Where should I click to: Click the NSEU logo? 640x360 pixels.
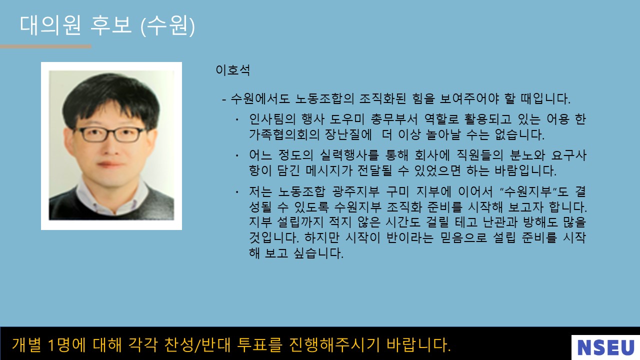(x=605, y=347)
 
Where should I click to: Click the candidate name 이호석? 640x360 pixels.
(x=233, y=70)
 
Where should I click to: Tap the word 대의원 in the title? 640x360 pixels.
(x=50, y=25)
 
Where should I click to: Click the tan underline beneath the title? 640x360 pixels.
(x=45, y=46)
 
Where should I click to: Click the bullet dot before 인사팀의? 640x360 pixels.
(x=237, y=119)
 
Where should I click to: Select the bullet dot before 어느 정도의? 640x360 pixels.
(x=237, y=155)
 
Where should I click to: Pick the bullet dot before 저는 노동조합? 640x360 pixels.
(x=237, y=192)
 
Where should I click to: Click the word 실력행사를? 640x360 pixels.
(x=349, y=155)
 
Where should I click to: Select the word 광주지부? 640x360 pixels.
(x=356, y=191)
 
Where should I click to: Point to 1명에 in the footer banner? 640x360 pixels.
(x=67, y=344)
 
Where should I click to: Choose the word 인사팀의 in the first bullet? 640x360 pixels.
(x=272, y=119)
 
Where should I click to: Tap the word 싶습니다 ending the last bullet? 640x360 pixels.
(x=318, y=253)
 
